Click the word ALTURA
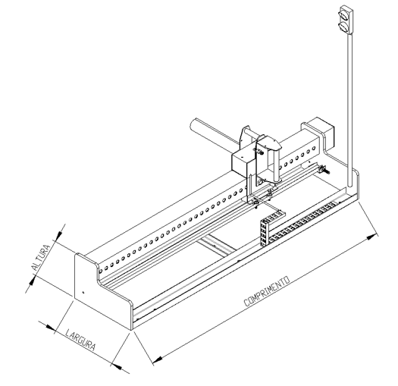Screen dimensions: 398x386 point(40,257)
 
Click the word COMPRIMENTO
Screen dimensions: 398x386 point(267,291)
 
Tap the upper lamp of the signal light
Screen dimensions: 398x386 point(345,14)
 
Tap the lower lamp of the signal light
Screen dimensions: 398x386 point(344,27)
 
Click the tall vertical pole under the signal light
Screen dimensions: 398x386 point(350,111)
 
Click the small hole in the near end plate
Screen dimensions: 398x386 point(83,292)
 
